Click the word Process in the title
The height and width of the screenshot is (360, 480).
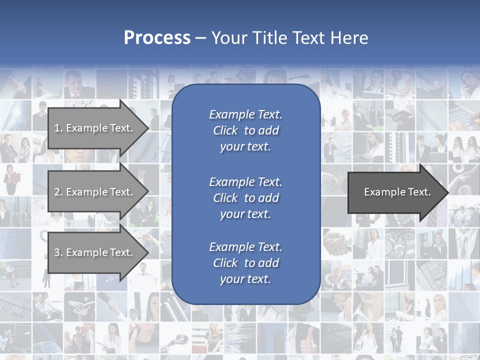(x=157, y=38)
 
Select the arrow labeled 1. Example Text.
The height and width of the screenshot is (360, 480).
(x=95, y=128)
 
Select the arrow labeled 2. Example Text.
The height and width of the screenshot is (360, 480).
(x=95, y=192)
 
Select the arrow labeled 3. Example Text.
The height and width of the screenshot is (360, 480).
(x=95, y=252)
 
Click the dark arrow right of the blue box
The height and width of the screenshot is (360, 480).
(x=395, y=192)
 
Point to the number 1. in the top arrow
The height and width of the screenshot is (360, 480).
(x=58, y=128)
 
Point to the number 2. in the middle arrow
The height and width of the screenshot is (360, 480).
(x=58, y=192)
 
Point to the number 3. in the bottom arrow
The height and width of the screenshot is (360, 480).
(x=58, y=252)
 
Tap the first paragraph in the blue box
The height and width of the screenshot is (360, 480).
(x=245, y=130)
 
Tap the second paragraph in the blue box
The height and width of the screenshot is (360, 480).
(x=245, y=198)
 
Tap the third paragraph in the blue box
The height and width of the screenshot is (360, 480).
(x=245, y=263)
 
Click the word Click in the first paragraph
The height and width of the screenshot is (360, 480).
(x=225, y=130)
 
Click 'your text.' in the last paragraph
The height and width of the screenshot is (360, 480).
(x=245, y=279)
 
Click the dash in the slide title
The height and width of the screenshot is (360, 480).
(x=201, y=38)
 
